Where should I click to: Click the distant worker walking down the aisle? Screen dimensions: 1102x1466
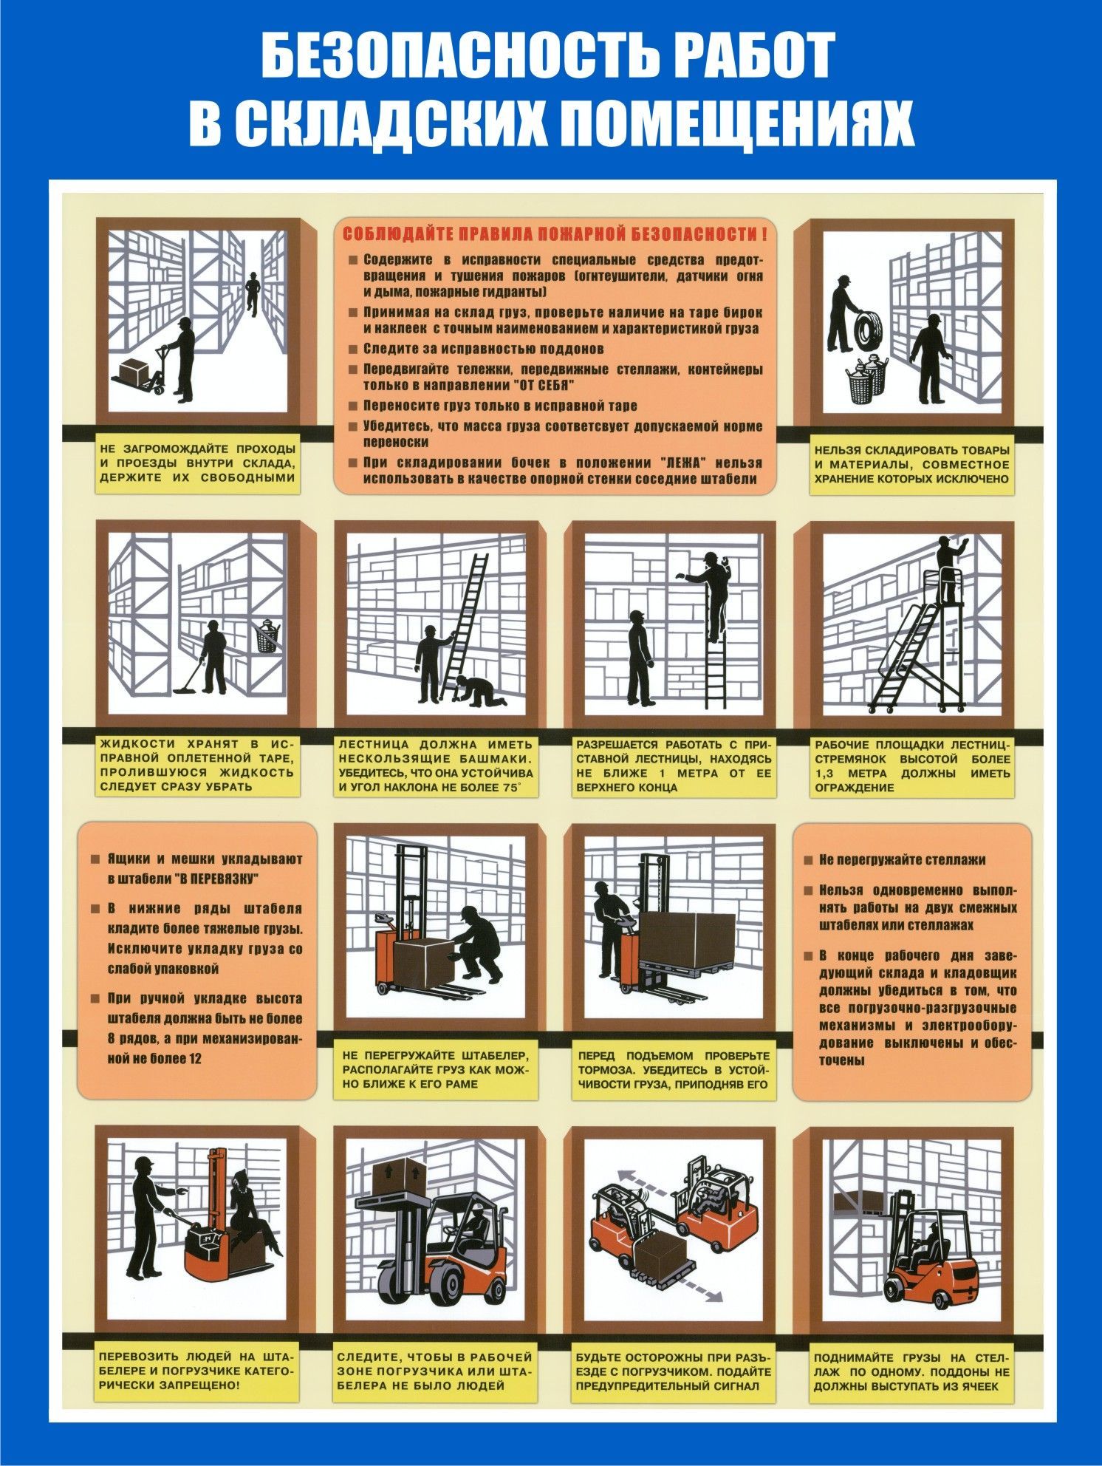pyautogui.click(x=253, y=292)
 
